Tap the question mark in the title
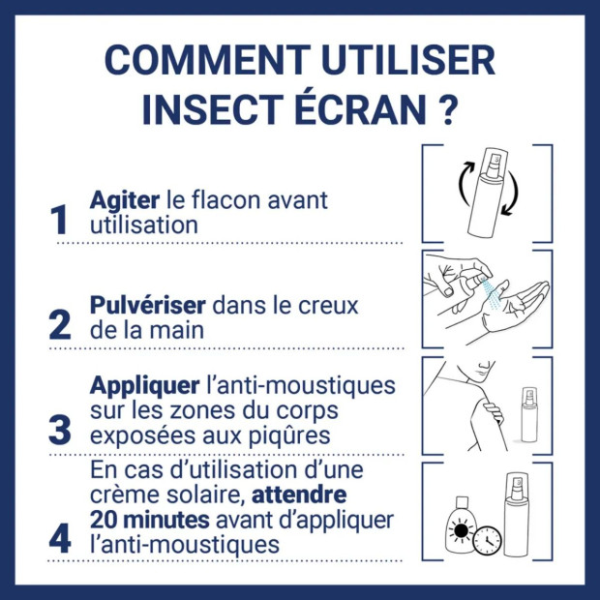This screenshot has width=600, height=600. coord(446,109)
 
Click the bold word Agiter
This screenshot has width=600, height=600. coord(124,201)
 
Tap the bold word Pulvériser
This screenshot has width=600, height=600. coord(147,306)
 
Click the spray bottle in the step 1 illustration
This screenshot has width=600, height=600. coord(487,193)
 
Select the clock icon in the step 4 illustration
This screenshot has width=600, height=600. coord(487,540)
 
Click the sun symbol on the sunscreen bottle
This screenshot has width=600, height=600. coord(460,535)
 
